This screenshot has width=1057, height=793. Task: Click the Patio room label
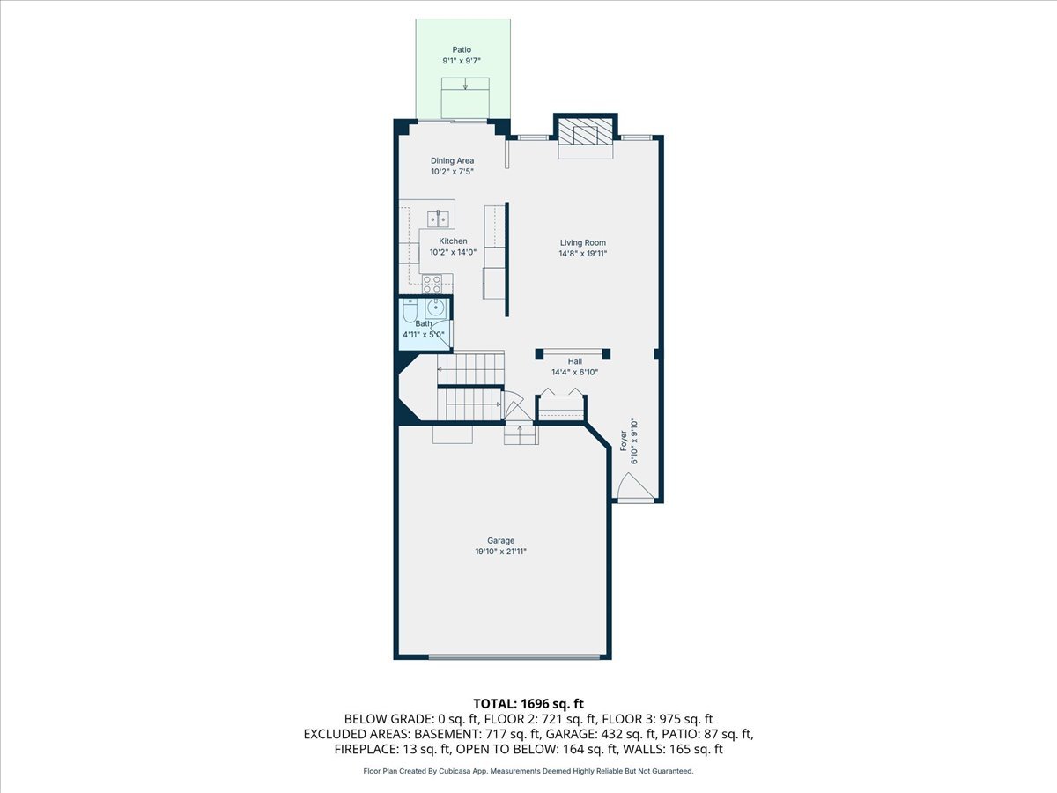[x=462, y=50]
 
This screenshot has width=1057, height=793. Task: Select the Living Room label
[x=583, y=242]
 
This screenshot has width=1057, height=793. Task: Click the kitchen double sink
[x=440, y=218]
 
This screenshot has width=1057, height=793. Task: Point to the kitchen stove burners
[x=432, y=284]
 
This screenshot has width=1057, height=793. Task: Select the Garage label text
[x=501, y=540]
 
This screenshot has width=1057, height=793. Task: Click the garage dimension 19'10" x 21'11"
[x=501, y=552]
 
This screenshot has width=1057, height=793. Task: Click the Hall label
[x=574, y=361]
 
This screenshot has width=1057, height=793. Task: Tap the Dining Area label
[x=453, y=160]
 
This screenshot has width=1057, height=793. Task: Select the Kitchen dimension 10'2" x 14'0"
[x=453, y=253]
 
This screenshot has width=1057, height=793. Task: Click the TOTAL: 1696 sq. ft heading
[x=528, y=703]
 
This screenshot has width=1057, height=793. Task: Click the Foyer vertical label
[x=623, y=441]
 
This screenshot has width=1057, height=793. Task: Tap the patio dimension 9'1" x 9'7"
[x=462, y=62]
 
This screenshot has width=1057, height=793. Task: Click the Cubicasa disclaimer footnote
[x=528, y=771]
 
